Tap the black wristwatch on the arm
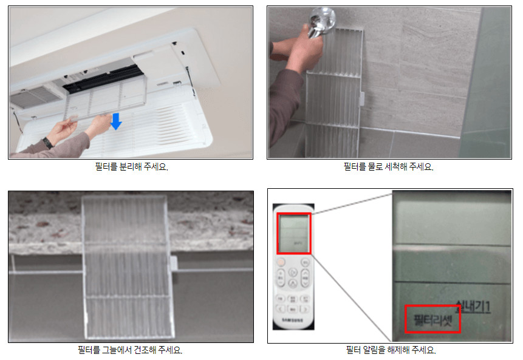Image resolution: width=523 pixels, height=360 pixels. click(x=47, y=143)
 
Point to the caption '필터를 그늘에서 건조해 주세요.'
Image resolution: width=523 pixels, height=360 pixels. click(x=130, y=350)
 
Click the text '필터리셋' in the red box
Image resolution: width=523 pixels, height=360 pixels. click(x=432, y=318)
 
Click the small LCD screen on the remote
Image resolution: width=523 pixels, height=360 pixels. click(x=294, y=233)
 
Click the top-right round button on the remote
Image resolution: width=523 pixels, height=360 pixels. click(x=305, y=263)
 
